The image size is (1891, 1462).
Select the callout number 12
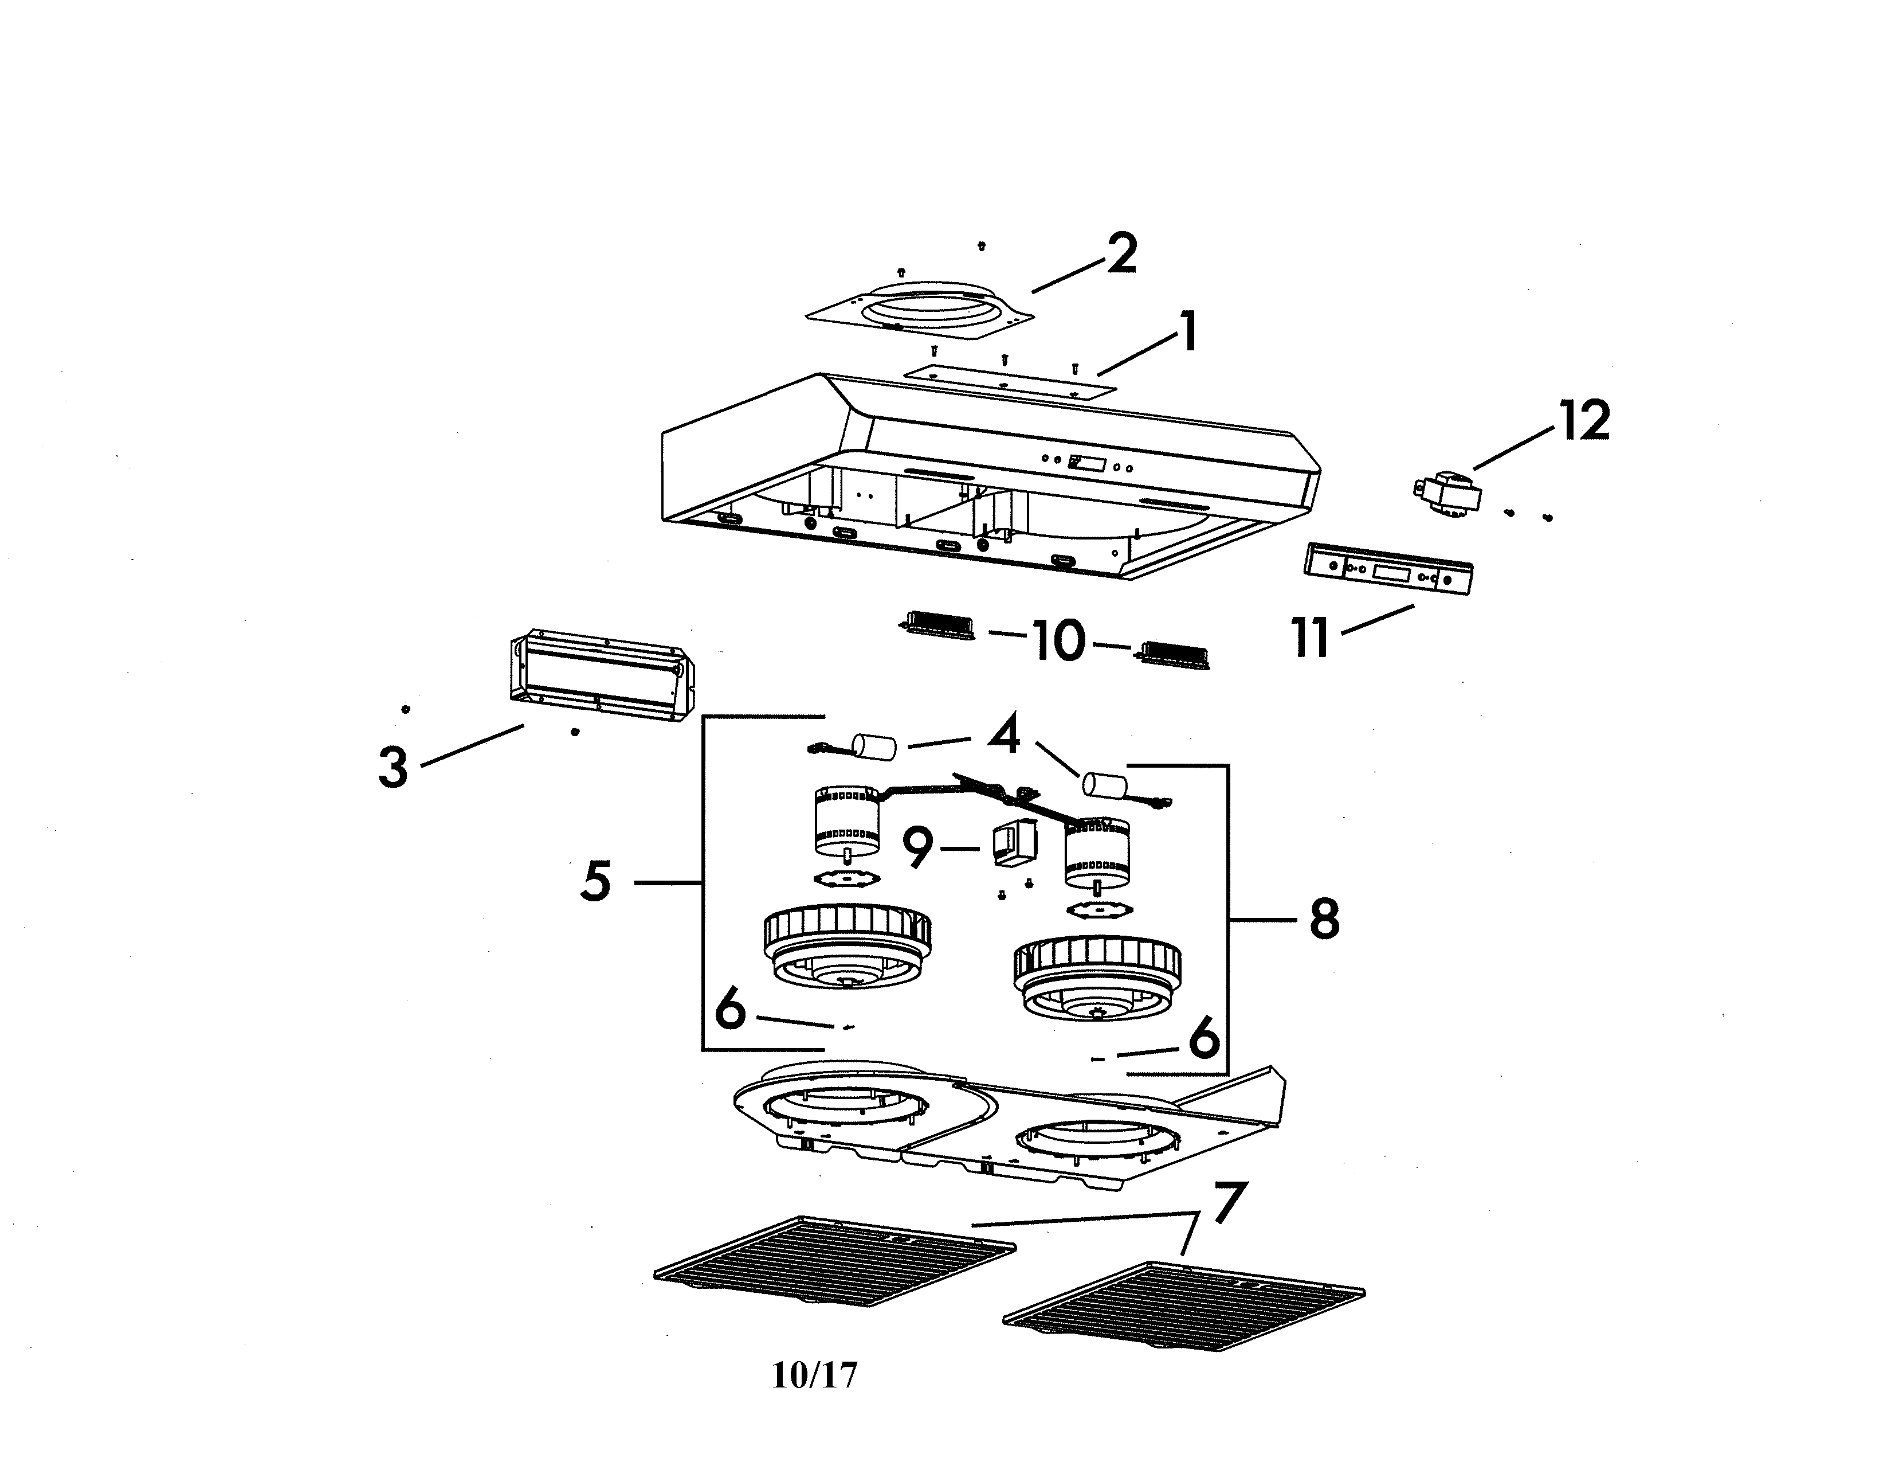(x=1584, y=420)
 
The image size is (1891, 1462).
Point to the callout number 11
(x=1310, y=638)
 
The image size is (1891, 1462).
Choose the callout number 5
(x=596, y=881)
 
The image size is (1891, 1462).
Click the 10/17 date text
(x=814, y=1374)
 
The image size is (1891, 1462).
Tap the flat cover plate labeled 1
(x=1010, y=382)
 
